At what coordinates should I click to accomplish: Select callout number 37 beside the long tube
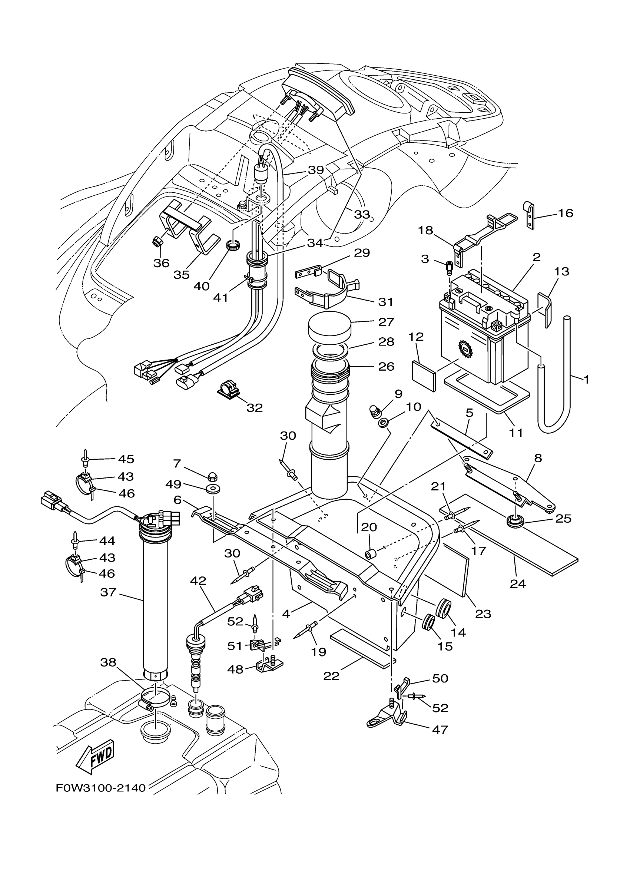coord(108,593)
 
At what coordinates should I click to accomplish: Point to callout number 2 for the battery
coord(537,257)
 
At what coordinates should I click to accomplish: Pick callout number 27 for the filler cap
coord(386,321)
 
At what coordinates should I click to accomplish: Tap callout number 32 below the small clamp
coord(255,408)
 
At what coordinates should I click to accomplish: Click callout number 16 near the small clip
coord(566,213)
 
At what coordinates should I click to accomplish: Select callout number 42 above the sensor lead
coord(198,581)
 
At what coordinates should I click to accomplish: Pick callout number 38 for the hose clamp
coord(108,663)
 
